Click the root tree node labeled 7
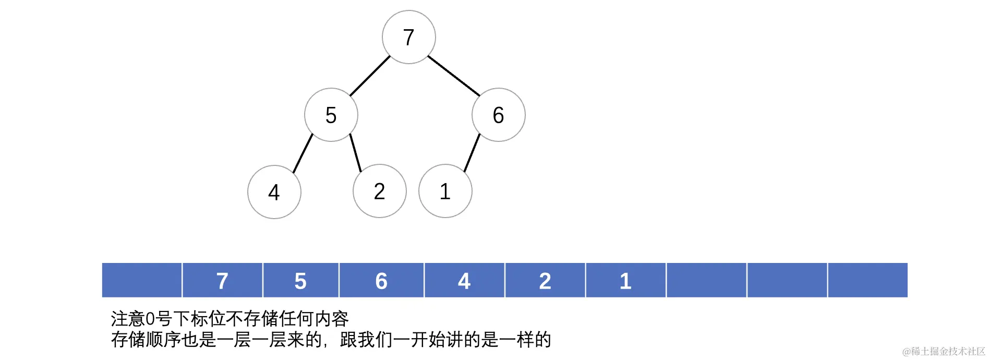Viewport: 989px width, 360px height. click(408, 37)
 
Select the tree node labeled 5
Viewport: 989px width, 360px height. click(331, 115)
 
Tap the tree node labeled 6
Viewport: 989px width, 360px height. click(498, 115)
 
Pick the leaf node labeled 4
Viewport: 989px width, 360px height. click(274, 192)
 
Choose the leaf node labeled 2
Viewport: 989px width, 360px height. click(379, 191)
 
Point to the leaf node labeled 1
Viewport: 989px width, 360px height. click(445, 191)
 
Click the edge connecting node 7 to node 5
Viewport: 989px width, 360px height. click(370, 76)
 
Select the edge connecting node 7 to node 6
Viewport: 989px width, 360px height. click(453, 76)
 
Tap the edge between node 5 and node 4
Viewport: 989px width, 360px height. click(303, 153)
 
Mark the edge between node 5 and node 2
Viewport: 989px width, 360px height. click(355, 153)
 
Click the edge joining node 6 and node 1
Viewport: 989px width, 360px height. click(472, 153)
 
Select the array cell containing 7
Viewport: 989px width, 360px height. click(222, 281)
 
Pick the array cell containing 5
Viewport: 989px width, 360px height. click(300, 281)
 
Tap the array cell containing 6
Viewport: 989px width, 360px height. click(381, 281)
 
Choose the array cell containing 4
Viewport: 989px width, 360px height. click(464, 281)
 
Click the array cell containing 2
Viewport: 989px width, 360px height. click(545, 281)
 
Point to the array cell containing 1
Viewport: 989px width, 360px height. click(625, 281)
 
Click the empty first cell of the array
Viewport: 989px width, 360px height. click(142, 281)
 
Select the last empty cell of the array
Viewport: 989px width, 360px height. click(867, 281)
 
